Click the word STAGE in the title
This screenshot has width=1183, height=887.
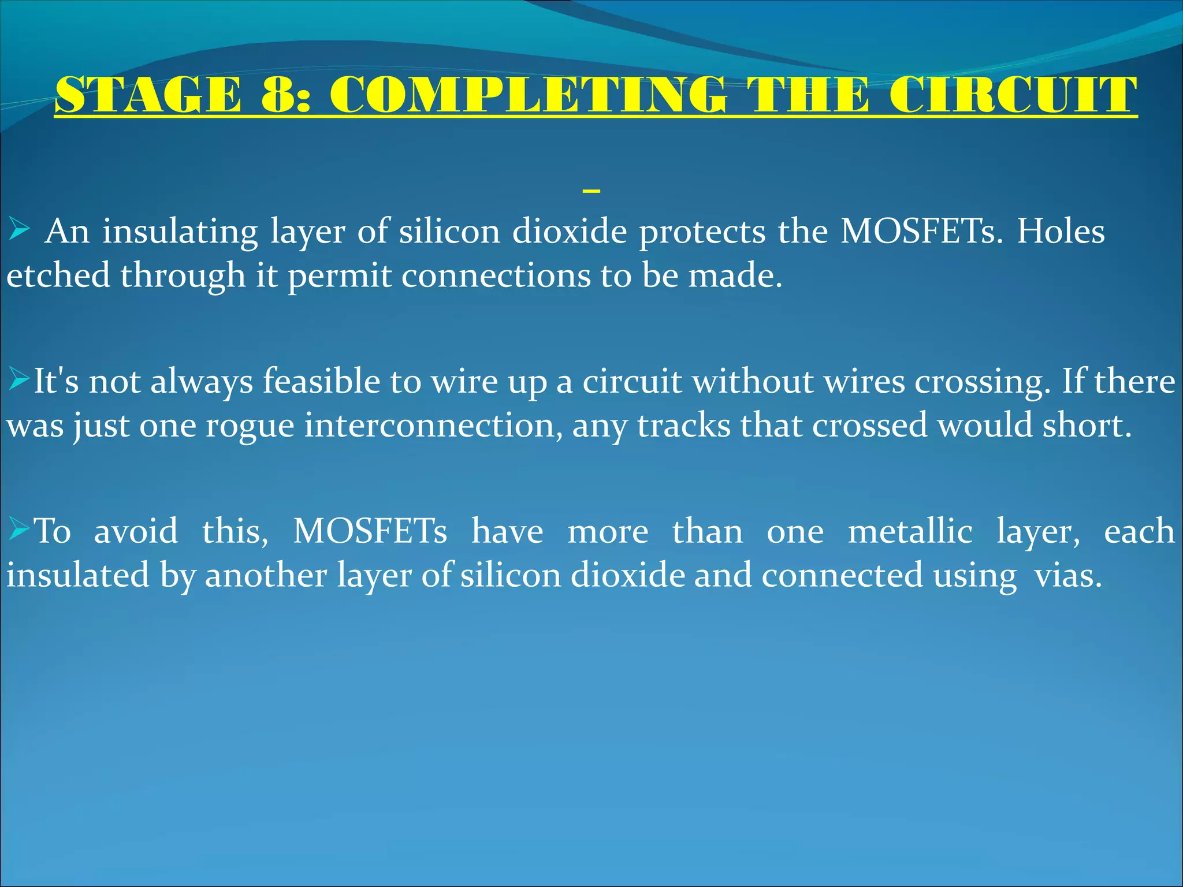pyautogui.click(x=148, y=95)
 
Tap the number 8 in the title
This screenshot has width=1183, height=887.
pyautogui.click(x=281, y=95)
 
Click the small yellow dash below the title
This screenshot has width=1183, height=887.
pyautogui.click(x=591, y=190)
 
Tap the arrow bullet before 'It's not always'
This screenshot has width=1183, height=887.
pyautogui.click(x=19, y=381)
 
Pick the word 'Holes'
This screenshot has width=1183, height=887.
pyautogui.click(x=1061, y=232)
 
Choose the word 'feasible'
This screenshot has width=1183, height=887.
pyautogui.click(x=322, y=382)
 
